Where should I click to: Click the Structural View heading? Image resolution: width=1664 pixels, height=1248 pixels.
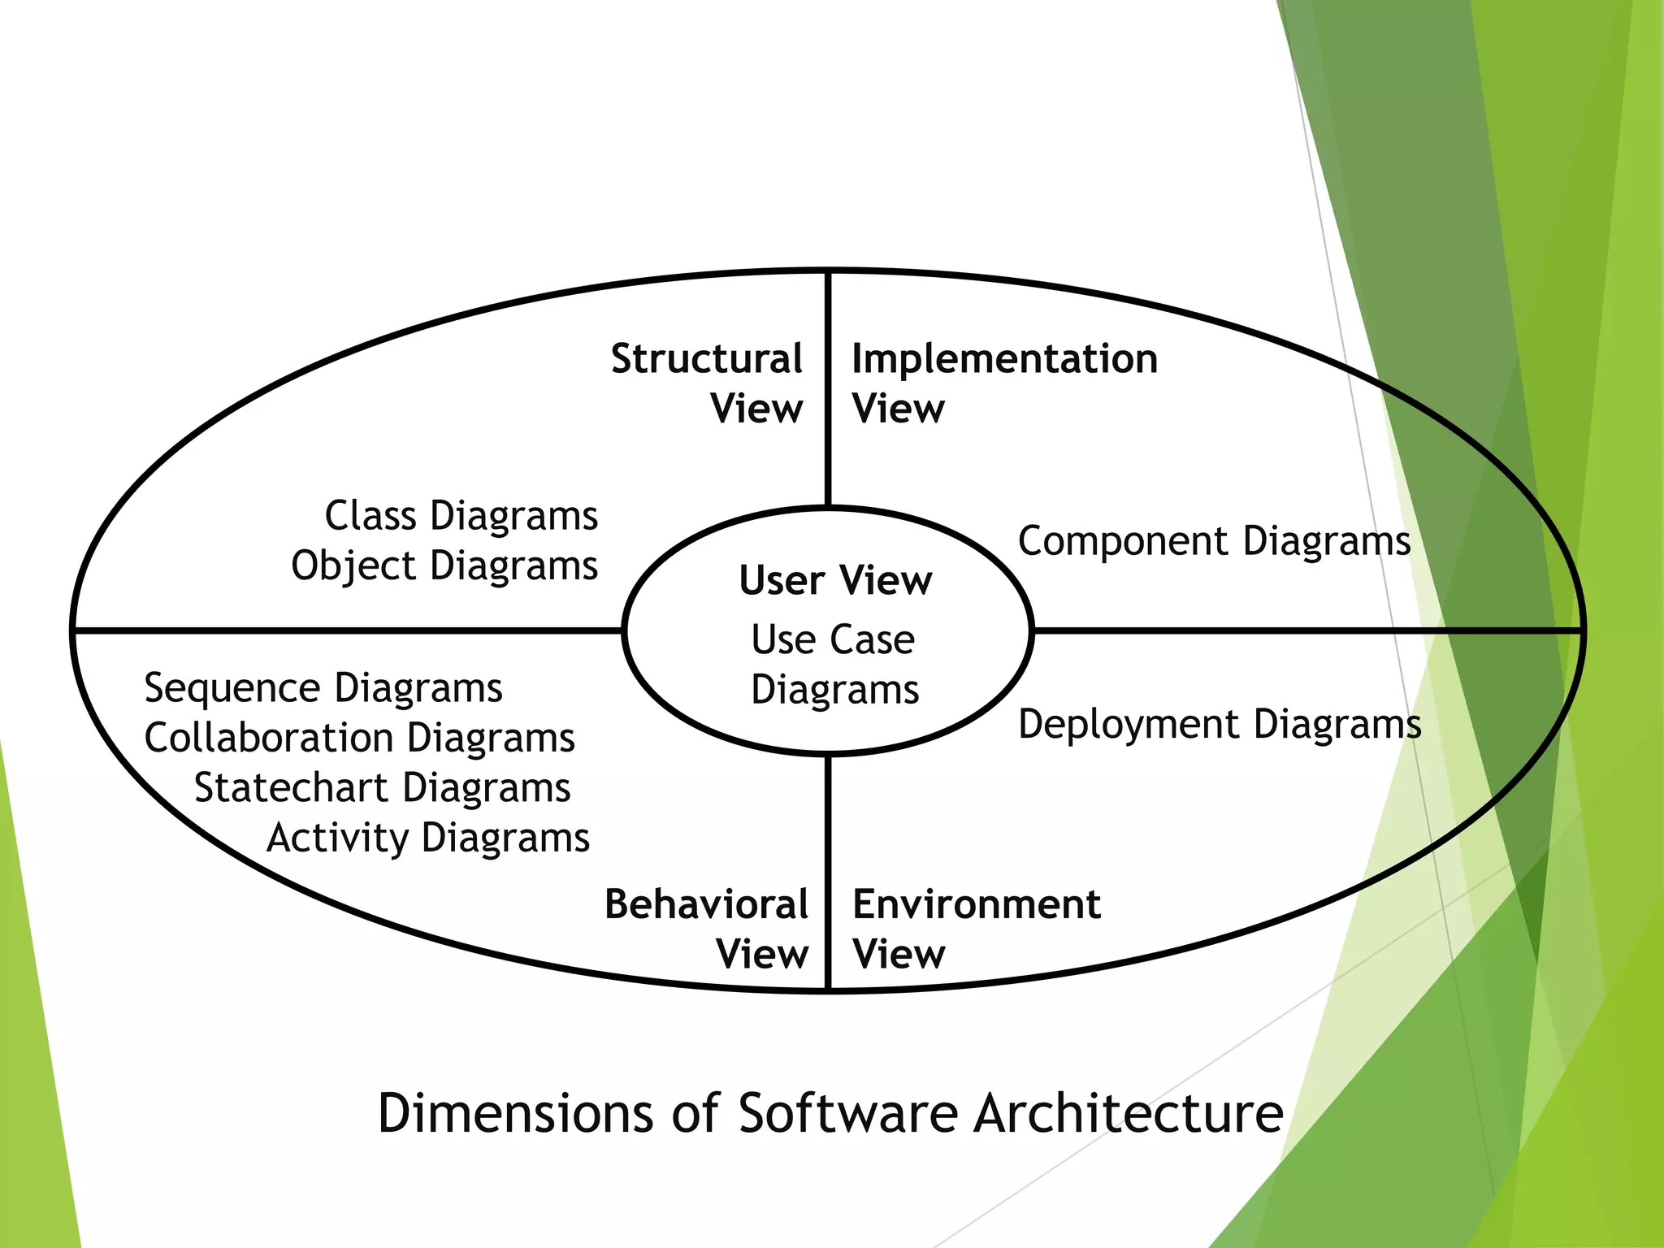click(x=708, y=383)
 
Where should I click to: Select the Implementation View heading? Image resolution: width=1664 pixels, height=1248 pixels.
click(x=1004, y=383)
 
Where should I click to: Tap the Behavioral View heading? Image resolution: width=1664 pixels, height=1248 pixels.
click(x=706, y=928)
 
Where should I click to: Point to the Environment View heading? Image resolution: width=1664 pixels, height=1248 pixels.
click(x=976, y=928)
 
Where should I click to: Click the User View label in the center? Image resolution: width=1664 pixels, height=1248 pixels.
click(x=835, y=580)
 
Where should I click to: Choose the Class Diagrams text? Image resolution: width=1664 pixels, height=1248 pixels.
click(x=461, y=515)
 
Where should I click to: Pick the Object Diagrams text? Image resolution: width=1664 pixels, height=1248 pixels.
click(x=444, y=565)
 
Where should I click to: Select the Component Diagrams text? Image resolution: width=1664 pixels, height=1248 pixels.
click(x=1214, y=541)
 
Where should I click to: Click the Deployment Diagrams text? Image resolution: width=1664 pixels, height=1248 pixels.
click(x=1219, y=724)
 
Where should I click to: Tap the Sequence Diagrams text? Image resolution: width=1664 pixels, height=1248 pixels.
click(x=323, y=688)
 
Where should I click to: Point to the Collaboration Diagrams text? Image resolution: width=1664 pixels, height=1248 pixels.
click(x=359, y=738)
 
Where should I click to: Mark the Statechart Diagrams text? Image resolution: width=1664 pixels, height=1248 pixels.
click(x=382, y=787)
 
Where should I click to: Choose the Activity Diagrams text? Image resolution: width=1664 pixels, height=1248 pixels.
click(x=428, y=838)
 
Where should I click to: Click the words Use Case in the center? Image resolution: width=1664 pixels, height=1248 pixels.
click(x=833, y=639)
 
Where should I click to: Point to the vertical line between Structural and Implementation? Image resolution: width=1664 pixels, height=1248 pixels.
click(x=828, y=390)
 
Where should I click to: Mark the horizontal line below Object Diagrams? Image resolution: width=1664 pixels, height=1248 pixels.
click(x=349, y=630)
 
